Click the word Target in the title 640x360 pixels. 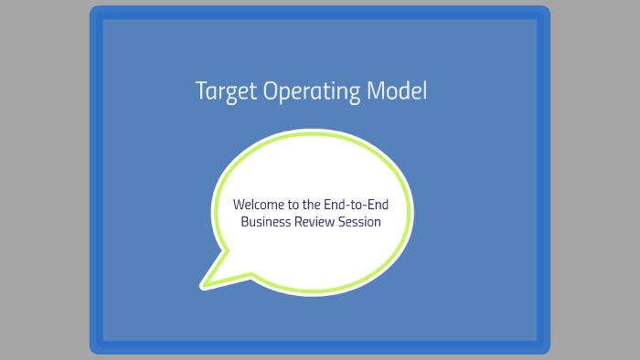[227, 92]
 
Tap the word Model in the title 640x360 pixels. [397, 91]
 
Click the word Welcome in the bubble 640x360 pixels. [260, 204]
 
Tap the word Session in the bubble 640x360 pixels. [362, 221]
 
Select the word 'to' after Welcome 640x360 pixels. [293, 204]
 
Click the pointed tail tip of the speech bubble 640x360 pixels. [204, 286]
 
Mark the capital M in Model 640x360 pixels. [377, 91]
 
